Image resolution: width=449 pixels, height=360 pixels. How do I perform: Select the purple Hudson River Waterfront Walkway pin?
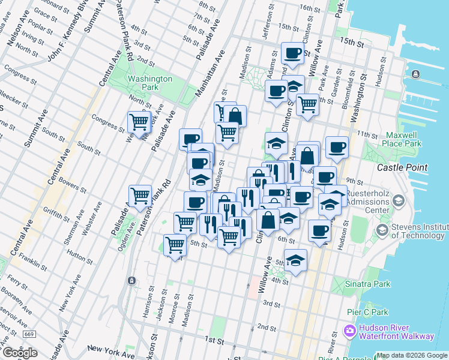(349, 331)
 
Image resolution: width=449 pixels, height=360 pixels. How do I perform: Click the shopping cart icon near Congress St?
(139, 122)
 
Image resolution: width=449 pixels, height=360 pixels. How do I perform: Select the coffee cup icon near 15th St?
(293, 53)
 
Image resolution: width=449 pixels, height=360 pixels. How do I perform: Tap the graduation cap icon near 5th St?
(295, 260)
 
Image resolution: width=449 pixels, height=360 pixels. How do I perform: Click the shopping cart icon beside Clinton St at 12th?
(307, 104)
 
